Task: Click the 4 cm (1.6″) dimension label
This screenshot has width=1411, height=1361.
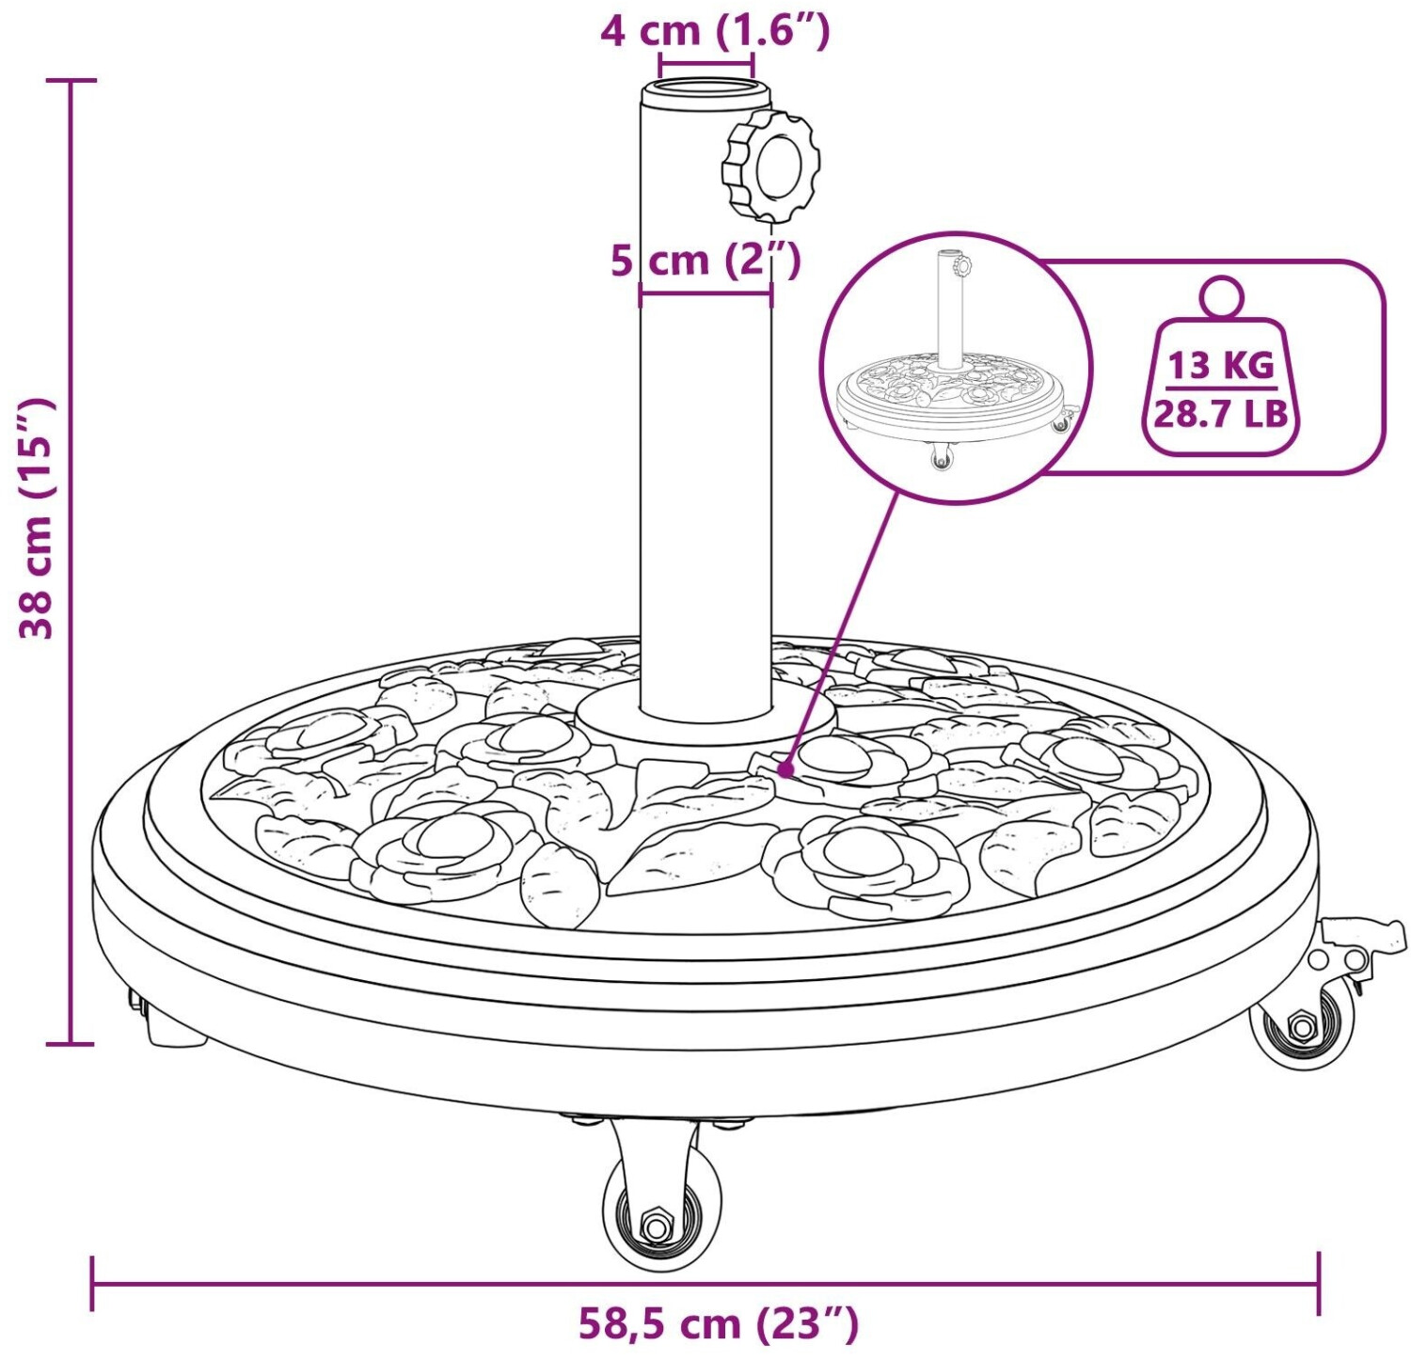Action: click(715, 31)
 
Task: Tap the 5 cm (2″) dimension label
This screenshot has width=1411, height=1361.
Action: click(705, 260)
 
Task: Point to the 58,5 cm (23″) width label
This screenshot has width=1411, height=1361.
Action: click(718, 1323)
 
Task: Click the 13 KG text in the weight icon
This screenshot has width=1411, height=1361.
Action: click(1221, 365)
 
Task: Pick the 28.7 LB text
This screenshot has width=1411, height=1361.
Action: click(1221, 413)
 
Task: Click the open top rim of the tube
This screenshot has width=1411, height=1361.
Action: click(705, 94)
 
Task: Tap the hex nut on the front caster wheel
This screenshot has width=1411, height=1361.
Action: click(655, 1226)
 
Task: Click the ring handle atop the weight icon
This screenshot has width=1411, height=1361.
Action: click(1221, 296)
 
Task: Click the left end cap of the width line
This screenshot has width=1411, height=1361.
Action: click(92, 1283)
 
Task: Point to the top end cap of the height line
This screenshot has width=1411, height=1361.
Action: click(71, 81)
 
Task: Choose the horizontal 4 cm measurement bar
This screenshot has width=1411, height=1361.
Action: click(706, 66)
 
